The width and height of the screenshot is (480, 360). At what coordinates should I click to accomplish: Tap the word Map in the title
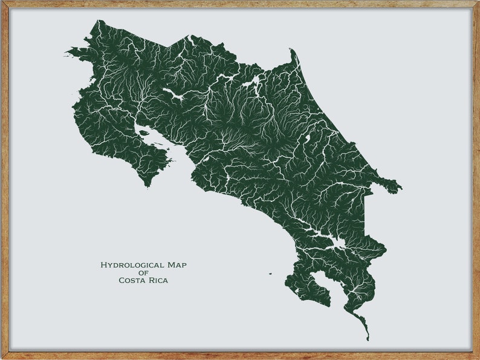pos(183,265)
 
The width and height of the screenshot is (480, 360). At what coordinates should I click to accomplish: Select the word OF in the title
pos(143,273)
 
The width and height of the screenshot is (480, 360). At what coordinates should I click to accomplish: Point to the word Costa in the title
pos(131,280)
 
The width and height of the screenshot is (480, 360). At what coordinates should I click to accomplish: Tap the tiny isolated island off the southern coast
pos(270,273)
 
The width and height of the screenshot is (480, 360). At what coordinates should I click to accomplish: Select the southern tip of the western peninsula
pos(146,185)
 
